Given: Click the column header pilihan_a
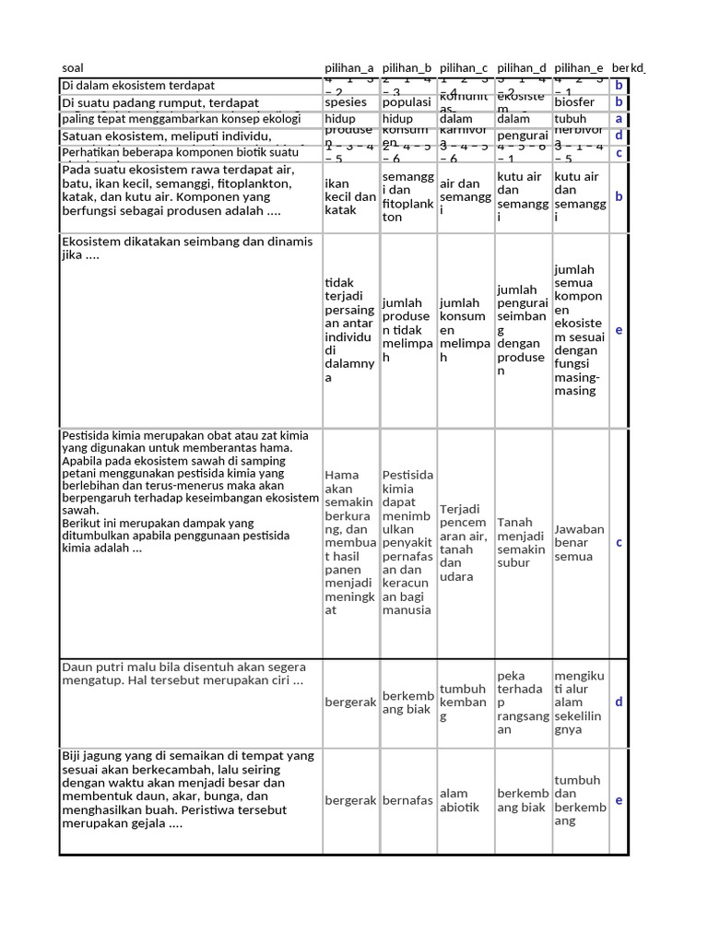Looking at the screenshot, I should (x=349, y=68).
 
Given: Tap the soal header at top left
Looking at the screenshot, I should (x=72, y=68).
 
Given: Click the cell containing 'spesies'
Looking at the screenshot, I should (x=345, y=102).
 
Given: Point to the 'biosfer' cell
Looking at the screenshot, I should (x=574, y=102).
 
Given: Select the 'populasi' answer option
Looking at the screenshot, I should (x=407, y=102).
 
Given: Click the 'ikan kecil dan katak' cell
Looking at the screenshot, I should (x=350, y=197).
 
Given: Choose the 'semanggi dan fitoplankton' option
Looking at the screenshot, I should (x=407, y=197).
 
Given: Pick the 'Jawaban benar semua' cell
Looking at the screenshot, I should (x=579, y=543).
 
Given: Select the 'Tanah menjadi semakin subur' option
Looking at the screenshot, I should (x=522, y=543).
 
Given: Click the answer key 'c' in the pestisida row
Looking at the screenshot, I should (x=619, y=543).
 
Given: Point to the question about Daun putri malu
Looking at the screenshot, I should (x=183, y=674).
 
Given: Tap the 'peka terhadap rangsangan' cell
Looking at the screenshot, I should (x=522, y=703).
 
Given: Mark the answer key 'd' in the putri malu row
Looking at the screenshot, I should (x=619, y=702).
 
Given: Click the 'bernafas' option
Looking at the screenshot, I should (x=407, y=800).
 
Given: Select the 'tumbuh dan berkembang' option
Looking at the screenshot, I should (x=579, y=800).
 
